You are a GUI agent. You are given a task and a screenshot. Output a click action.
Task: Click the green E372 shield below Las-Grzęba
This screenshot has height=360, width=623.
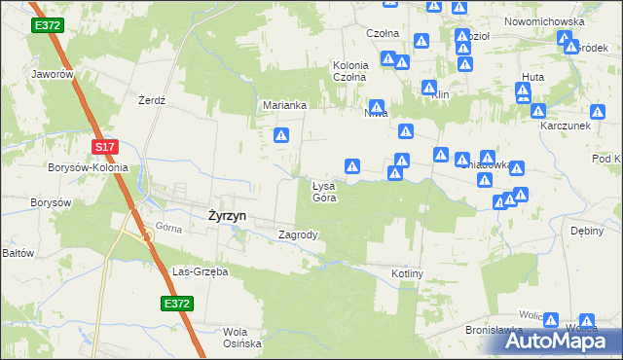click(176, 305)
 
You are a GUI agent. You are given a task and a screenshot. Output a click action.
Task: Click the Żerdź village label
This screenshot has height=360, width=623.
click(152, 100)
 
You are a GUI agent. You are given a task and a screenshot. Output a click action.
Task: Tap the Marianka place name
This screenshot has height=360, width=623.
click(285, 105)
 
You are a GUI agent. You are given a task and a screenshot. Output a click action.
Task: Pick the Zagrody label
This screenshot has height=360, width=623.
click(299, 234)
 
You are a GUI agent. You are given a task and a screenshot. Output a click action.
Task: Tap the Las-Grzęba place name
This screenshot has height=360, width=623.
click(200, 271)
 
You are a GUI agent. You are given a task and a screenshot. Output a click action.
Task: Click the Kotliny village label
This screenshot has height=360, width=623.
click(408, 274)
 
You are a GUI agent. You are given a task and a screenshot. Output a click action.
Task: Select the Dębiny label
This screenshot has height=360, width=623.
click(589, 232)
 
